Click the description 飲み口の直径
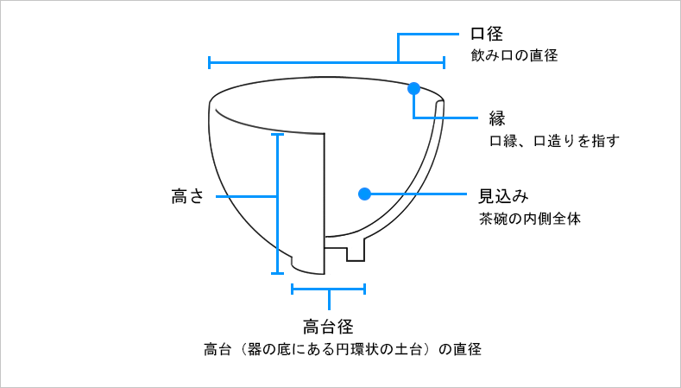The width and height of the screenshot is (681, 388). [514, 56]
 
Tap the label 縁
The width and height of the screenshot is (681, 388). [496, 118]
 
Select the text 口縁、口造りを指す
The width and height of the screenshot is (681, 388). [554, 140]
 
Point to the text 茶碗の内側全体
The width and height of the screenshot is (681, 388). [530, 219]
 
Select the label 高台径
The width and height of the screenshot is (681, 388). [329, 327]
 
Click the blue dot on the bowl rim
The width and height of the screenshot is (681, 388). [414, 88]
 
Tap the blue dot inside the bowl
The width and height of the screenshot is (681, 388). [364, 194]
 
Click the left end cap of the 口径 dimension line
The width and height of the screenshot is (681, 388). [210, 62]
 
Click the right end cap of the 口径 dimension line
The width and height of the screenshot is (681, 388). [444, 62]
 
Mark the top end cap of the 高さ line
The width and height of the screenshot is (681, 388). [277, 134]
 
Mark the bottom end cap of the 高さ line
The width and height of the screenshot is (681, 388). [277, 273]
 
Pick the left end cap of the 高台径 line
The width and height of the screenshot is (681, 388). [293, 289]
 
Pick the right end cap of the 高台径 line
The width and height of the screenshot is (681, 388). [364, 289]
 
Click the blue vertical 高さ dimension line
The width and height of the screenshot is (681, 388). [277, 225]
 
